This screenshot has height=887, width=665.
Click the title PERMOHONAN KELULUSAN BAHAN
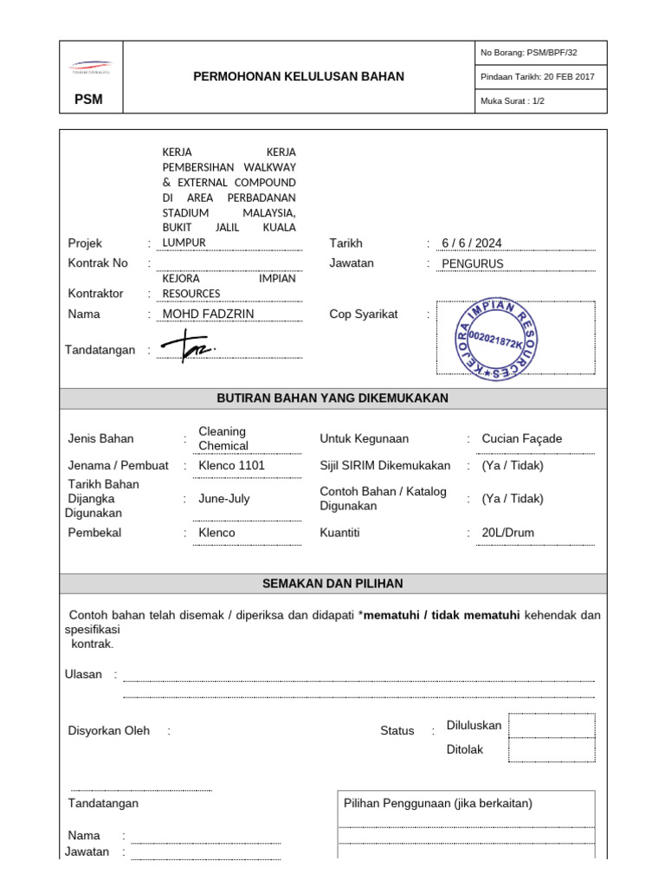(298, 76)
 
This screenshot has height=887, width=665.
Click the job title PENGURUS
(472, 264)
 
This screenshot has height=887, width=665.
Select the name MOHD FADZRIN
(209, 314)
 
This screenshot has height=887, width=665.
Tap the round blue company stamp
(497, 339)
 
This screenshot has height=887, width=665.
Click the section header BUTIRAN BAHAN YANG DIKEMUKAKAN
(332, 398)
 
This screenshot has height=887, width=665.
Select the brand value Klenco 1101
(231, 465)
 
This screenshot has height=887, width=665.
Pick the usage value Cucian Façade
(521, 438)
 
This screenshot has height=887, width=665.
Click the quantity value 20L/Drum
(507, 533)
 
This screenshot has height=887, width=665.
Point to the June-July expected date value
(223, 499)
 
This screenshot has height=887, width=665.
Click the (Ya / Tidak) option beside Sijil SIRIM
(513, 465)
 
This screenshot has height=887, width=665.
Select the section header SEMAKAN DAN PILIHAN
(332, 584)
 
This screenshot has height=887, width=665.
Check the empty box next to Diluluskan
(552, 725)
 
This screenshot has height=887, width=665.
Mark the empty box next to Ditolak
(552, 749)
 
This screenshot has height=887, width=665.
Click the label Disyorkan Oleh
(109, 730)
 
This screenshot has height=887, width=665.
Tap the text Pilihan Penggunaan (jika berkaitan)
(438, 803)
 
